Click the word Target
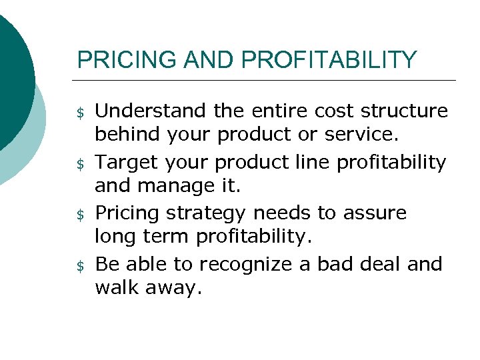tap(125, 161)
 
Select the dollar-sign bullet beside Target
tap(81, 164)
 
